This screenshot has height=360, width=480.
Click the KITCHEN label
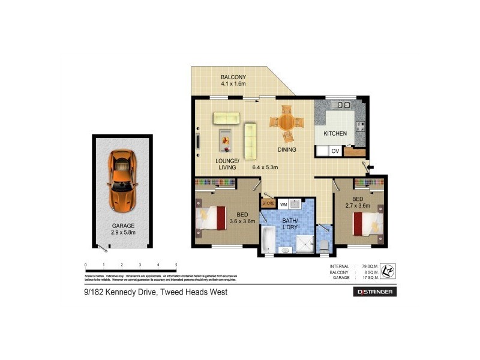click(335, 133)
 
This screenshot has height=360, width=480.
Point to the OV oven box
click(335, 151)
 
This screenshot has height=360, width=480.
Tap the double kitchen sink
click(343, 105)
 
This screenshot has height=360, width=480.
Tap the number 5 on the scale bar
click(176, 265)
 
